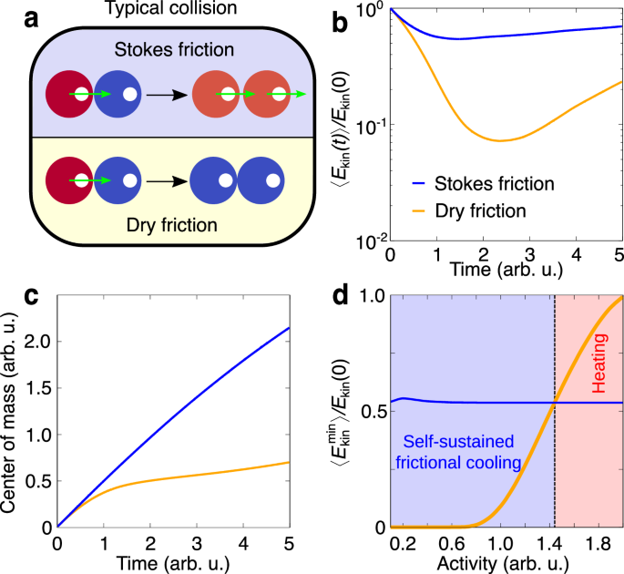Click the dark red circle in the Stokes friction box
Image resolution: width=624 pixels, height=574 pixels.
click(x=69, y=93)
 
